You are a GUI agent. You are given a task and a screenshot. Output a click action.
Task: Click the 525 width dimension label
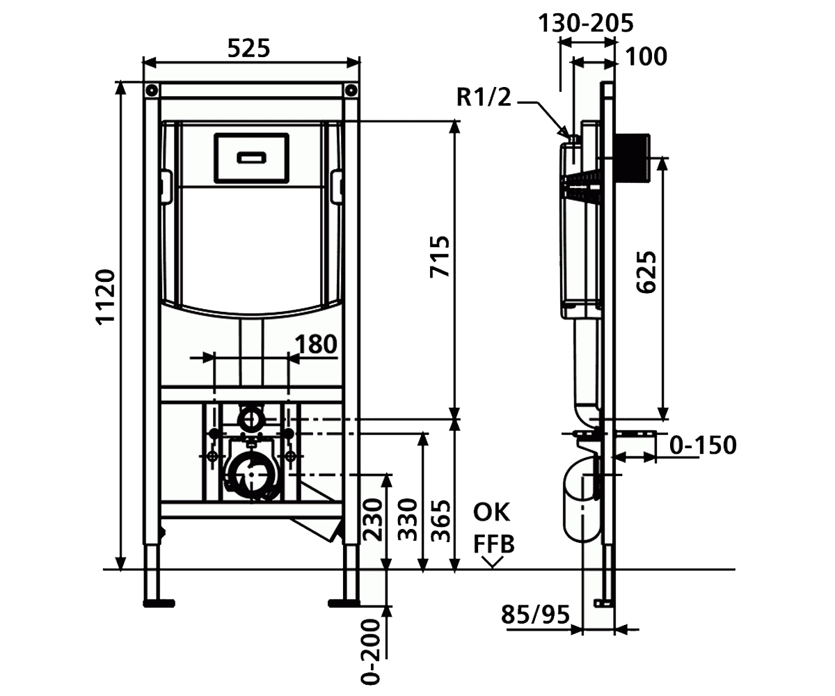pyautogui.click(x=248, y=49)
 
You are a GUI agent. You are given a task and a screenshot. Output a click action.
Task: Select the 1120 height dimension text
pyautogui.click(x=105, y=296)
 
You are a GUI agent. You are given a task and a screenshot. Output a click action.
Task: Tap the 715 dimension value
pyautogui.click(x=440, y=257)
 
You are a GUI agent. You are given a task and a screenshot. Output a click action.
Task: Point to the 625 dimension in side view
pyautogui.click(x=646, y=272)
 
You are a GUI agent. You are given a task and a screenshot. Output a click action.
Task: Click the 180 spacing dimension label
pyautogui.click(x=315, y=344)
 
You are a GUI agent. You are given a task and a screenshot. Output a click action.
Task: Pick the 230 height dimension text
pyautogui.click(x=372, y=519)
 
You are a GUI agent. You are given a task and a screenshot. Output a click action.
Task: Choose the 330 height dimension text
pyautogui.click(x=408, y=519)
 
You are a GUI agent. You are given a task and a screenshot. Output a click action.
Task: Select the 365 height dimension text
pyautogui.click(x=440, y=520)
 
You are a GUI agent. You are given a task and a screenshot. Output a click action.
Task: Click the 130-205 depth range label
pyautogui.click(x=586, y=23)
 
